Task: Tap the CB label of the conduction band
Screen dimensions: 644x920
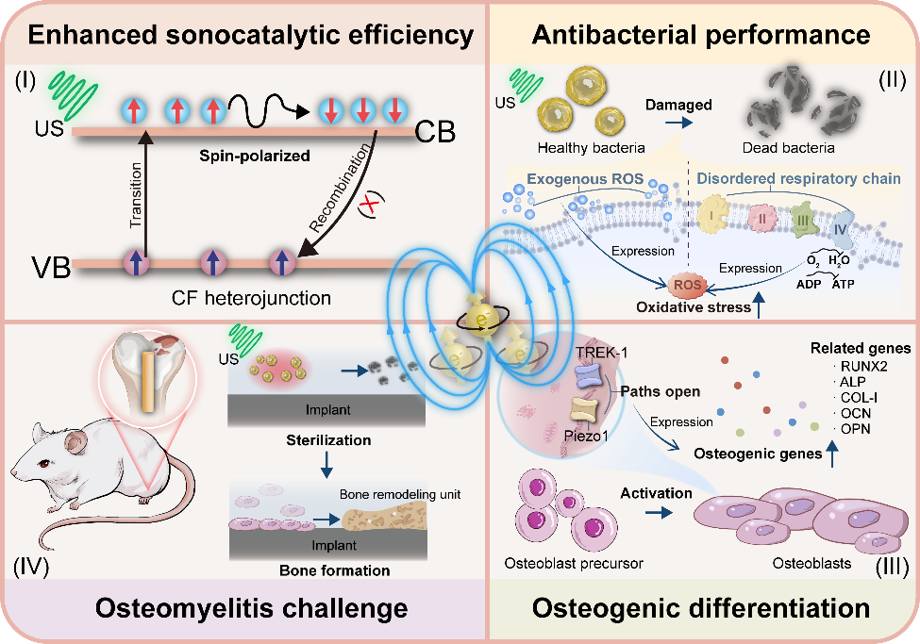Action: (x=436, y=133)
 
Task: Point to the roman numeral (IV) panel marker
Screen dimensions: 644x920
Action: (x=34, y=569)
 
